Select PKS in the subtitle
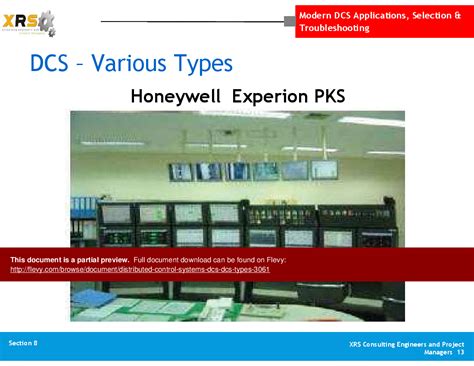[x=328, y=96]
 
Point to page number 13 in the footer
[x=460, y=353]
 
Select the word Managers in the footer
[x=438, y=353]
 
